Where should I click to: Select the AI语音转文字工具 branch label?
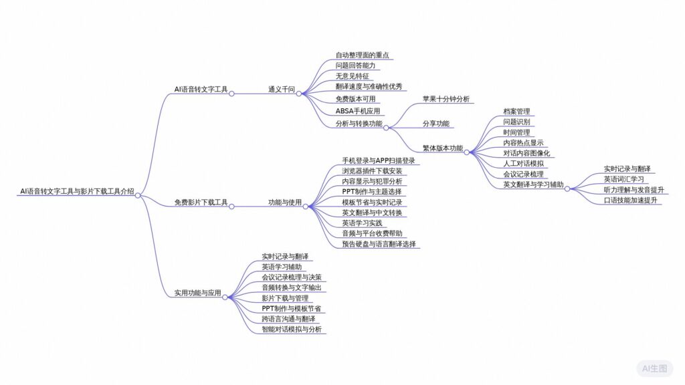pos(200,89)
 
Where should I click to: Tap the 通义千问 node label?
pos(281,89)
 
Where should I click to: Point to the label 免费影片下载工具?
pos(201,202)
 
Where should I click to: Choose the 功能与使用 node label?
pos(285,202)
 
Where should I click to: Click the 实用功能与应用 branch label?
pos(197,292)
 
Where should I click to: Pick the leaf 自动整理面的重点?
pos(362,55)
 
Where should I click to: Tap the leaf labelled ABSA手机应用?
pos(357,111)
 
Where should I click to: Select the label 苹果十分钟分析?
pos(445,99)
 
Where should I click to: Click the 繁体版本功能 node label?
pos(442,148)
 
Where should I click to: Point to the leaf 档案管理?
pos(516,112)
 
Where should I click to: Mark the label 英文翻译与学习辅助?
pos(533,184)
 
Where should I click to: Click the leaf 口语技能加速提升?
pos(630,200)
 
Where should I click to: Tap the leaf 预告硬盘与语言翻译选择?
pos(379,244)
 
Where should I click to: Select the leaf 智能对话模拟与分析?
pos(292,330)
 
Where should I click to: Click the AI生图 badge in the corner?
pos(654,368)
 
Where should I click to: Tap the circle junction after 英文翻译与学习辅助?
pos(567,189)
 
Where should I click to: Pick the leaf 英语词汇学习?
pos(623,179)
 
